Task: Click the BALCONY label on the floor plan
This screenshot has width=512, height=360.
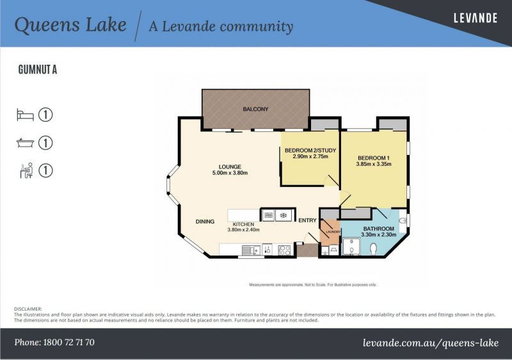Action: coord(255,110)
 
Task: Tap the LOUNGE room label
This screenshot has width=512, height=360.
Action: coord(230,167)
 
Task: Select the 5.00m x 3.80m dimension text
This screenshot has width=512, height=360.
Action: coord(230,173)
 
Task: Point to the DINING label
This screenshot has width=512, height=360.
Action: coord(205,222)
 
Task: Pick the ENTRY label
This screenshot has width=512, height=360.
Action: coord(307,221)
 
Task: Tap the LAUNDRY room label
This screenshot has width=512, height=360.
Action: coord(330,232)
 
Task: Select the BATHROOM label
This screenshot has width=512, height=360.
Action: coord(379,228)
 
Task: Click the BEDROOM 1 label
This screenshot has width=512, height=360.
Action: coord(373,158)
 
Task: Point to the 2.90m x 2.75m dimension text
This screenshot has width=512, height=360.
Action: coord(310,156)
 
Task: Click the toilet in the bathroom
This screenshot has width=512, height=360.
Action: coord(373,248)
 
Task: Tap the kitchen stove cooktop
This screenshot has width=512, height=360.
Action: coord(284,250)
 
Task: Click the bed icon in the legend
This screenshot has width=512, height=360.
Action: coord(25,115)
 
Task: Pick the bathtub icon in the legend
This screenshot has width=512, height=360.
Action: coord(25,143)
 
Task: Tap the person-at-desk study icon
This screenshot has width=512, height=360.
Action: coord(26,170)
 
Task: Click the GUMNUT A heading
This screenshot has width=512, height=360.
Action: coord(38,70)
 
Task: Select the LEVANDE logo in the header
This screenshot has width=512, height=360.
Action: coord(475,18)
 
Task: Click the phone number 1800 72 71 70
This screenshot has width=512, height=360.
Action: coord(54,342)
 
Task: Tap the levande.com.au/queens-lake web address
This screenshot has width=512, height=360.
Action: coord(430,343)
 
